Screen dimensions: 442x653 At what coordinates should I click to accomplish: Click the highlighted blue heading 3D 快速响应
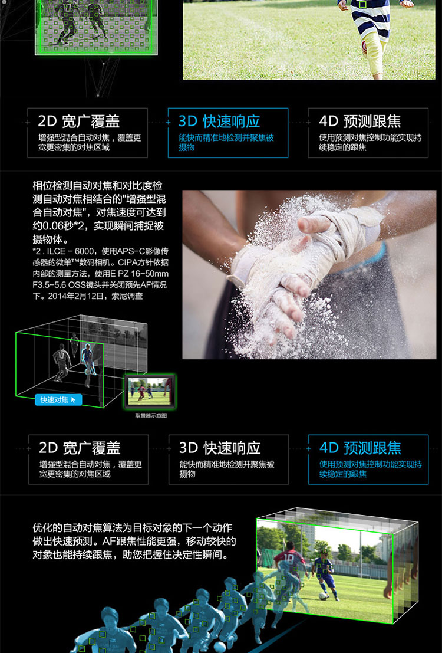(219, 121)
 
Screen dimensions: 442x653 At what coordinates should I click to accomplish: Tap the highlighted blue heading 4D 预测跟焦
(360, 448)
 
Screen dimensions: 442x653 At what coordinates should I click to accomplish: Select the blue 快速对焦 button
(58, 400)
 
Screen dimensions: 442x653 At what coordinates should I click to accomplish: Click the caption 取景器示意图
(151, 415)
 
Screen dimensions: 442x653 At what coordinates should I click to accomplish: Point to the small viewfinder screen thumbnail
(150, 391)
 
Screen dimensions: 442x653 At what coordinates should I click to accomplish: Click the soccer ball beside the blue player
(322, 596)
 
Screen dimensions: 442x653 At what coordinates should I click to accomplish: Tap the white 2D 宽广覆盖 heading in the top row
(78, 121)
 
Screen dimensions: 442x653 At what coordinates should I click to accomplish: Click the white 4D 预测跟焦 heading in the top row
(360, 121)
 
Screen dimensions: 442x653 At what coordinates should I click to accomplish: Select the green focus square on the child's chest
(362, 5)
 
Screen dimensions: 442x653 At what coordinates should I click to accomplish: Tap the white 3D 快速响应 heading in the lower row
(220, 448)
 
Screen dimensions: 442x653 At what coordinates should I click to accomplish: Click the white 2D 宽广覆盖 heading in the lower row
(80, 448)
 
